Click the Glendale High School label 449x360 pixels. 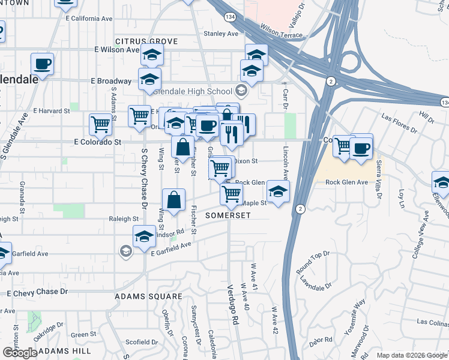click(x=193, y=91)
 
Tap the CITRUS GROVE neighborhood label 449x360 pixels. click(x=146, y=41)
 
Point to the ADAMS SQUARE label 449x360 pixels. click(x=148, y=296)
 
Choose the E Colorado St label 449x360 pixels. click(x=97, y=142)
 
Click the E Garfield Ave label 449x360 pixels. click(x=170, y=249)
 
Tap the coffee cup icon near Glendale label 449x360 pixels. click(x=43, y=63)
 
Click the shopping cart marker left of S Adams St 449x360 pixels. click(x=100, y=124)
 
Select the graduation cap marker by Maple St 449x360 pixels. click(x=278, y=191)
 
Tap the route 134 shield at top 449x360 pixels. click(x=230, y=16)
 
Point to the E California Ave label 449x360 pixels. click(x=89, y=19)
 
